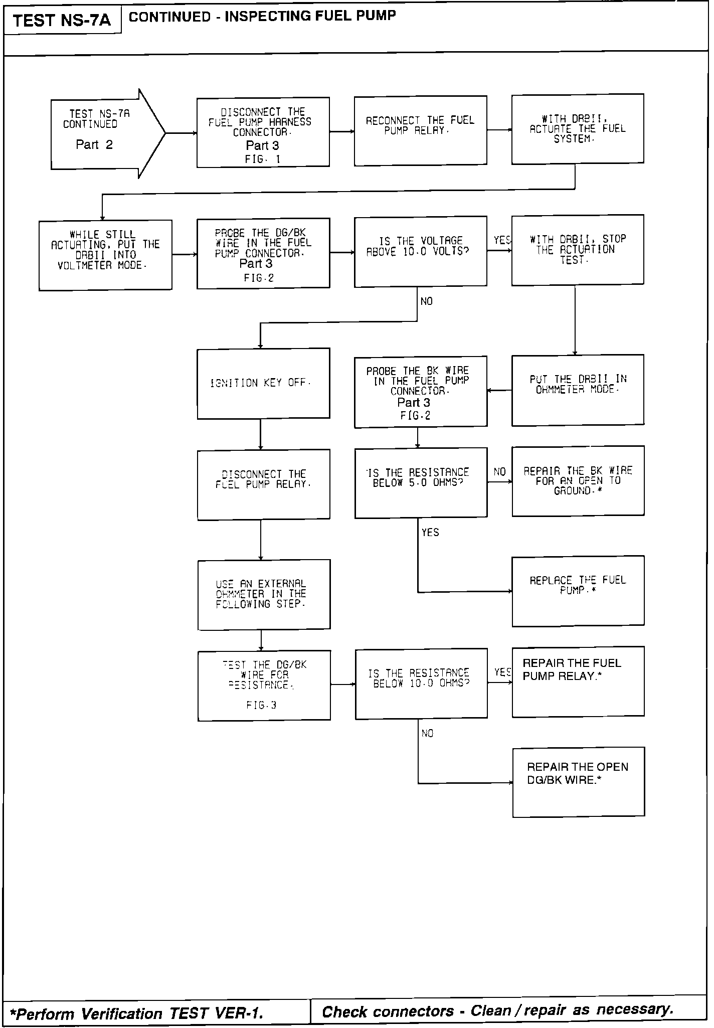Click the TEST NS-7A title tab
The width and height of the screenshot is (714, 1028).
pos(62,21)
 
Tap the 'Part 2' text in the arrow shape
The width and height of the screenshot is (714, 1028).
pos(94,145)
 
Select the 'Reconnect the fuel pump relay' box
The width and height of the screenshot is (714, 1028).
pos(420,131)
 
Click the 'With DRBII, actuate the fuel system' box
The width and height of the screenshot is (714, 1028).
pos(578,129)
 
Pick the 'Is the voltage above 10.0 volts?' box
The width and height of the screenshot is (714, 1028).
pos(420,251)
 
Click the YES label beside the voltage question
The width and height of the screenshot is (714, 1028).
pos(502,240)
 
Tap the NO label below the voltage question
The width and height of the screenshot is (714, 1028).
pos(427,301)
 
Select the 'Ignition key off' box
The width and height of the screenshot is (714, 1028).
pos(263,384)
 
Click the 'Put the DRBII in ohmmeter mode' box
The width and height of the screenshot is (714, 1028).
pos(578,390)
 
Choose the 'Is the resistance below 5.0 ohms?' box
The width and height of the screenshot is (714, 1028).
pos(421,482)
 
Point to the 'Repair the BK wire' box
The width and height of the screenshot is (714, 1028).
pos(578,481)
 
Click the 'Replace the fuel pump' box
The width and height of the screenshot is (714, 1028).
pos(578,591)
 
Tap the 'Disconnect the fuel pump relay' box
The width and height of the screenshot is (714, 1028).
pos(263,484)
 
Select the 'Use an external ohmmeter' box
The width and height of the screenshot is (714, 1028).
pos(264,594)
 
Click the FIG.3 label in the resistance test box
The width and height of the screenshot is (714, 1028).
pos(261,705)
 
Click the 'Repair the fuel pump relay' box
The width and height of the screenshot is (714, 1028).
pos(578,681)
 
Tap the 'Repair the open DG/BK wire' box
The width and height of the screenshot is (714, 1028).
pos(579,782)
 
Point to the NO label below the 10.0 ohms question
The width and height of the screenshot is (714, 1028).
pos(427,734)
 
